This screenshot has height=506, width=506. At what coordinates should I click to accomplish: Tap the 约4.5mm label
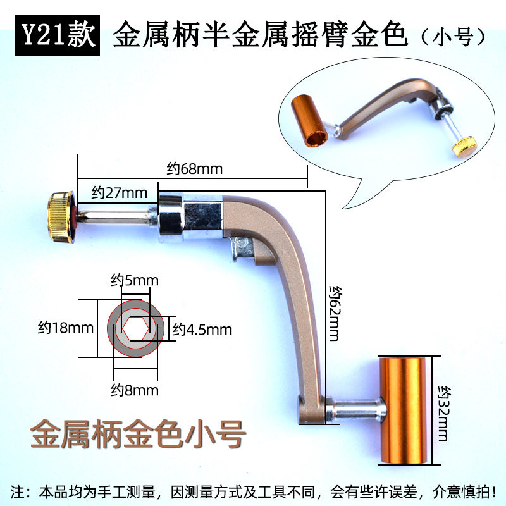point(202,330)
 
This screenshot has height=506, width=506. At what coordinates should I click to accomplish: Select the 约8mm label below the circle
point(135,390)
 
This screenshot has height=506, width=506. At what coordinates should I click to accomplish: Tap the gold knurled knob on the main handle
point(61,219)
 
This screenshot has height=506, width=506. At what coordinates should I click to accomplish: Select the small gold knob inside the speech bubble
point(464,146)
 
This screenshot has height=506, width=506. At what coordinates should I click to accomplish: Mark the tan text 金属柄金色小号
point(137,435)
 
